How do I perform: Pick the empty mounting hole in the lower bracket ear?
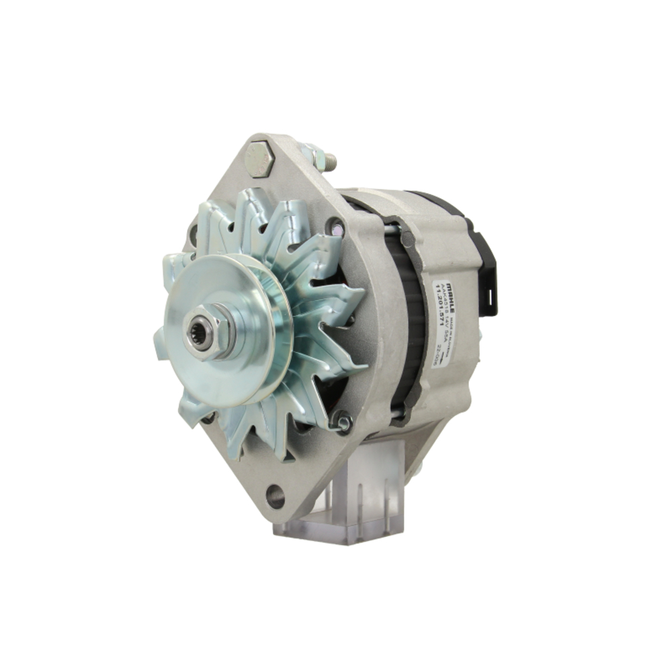pyautogui.click(x=275, y=496)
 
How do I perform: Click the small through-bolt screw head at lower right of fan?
pyautogui.click(x=343, y=421)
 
